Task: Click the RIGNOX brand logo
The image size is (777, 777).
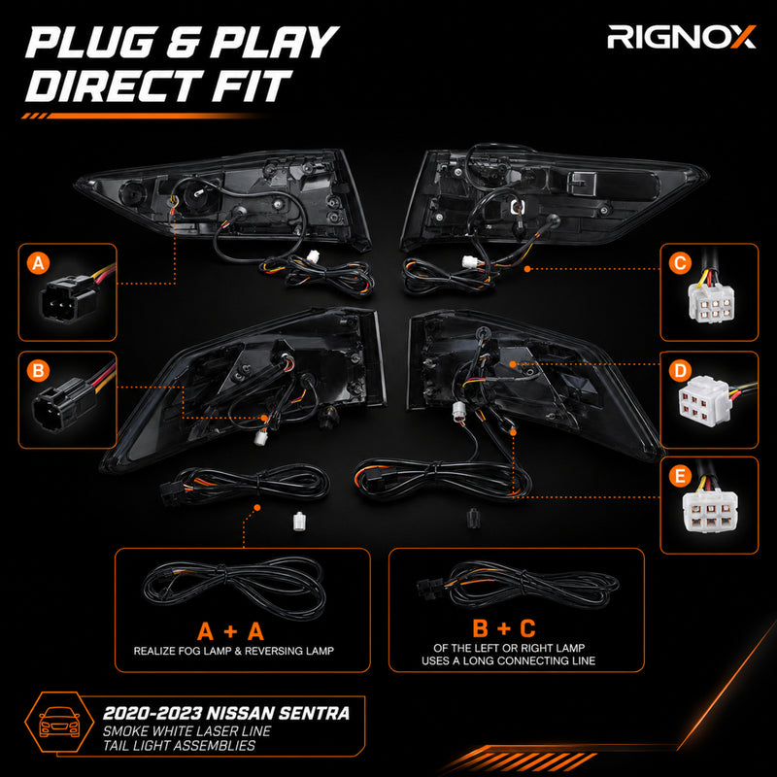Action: point(682,37)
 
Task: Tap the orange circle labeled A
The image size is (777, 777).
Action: point(39,262)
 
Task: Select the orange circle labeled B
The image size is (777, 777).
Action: point(39,371)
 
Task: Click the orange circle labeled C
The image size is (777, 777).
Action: point(681,262)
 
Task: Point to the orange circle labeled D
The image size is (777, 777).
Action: point(681,371)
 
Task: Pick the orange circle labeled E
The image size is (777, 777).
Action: point(681,476)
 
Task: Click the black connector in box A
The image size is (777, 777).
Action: point(68,298)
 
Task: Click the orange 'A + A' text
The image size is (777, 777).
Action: point(230,632)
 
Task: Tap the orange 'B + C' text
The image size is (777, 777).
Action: point(504,628)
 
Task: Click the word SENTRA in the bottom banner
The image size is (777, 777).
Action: point(314,714)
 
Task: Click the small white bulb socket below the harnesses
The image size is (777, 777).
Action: point(298,521)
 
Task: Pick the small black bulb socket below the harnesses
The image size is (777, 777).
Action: point(473,519)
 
